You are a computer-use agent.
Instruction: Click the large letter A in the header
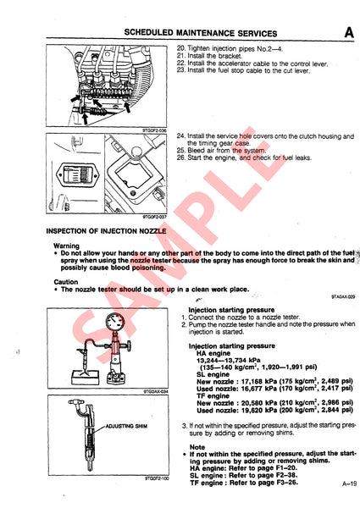(x=348, y=33)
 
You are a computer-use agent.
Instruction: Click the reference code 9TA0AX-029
(x=341, y=298)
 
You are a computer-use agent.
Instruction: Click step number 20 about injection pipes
(x=181, y=50)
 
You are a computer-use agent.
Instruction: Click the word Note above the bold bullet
(x=197, y=447)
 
